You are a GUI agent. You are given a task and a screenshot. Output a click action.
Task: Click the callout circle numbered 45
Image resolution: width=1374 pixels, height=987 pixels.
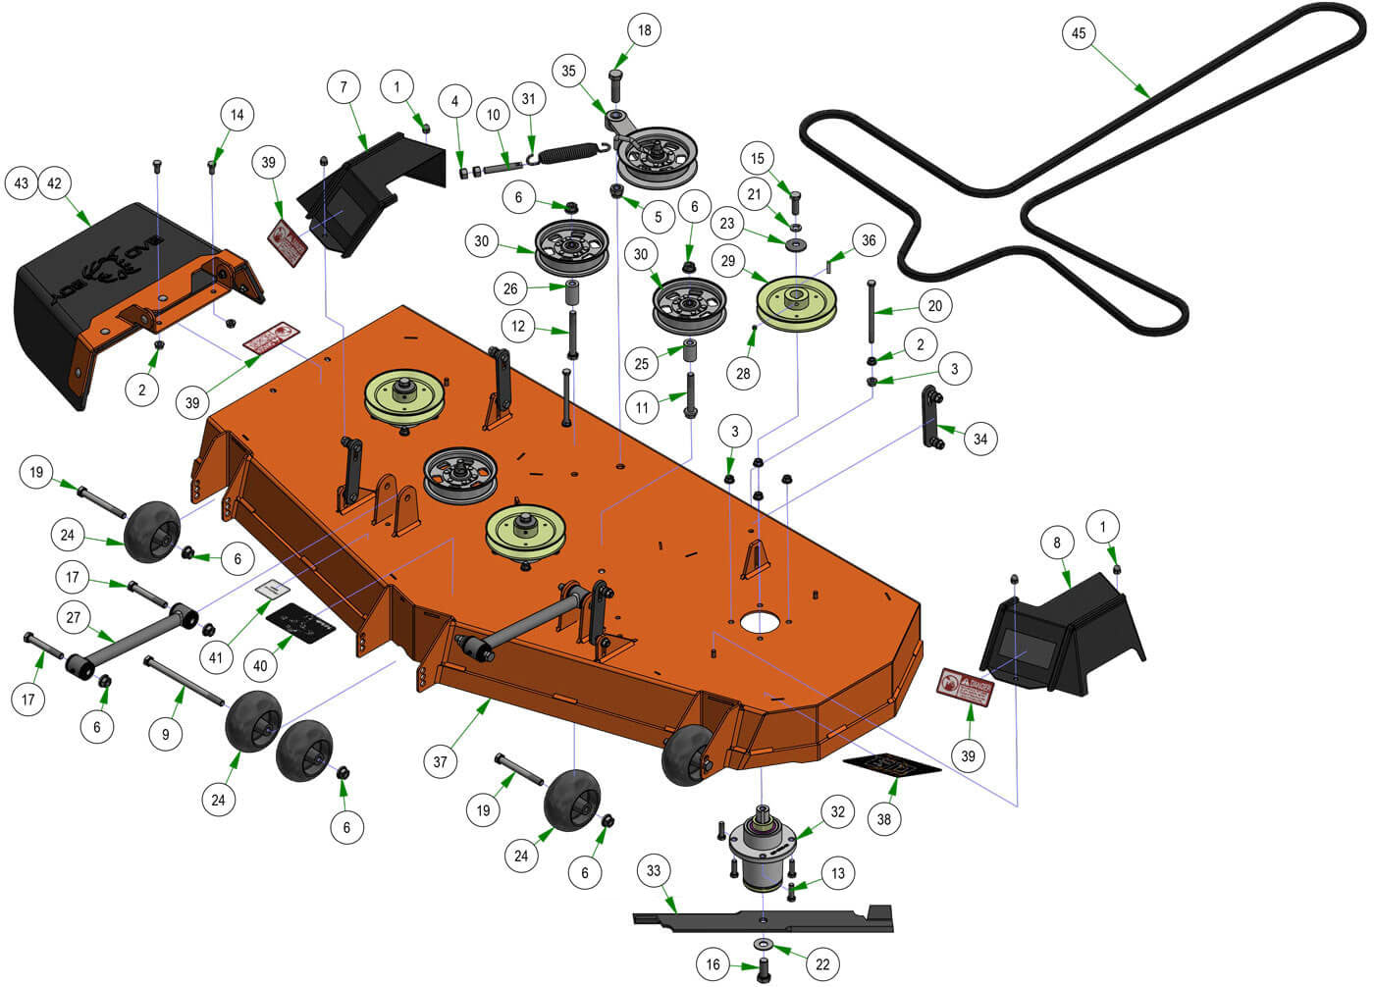pos(1079,33)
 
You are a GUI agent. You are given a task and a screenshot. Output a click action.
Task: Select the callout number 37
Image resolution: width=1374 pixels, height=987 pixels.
pos(441,761)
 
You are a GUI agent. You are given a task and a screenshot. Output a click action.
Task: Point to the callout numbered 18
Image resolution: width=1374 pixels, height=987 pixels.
pos(644,30)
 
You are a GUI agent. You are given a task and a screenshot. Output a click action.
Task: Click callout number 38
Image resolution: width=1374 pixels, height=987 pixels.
pos(884,818)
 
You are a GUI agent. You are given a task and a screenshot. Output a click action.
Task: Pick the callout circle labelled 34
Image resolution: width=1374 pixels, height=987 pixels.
pos(979,439)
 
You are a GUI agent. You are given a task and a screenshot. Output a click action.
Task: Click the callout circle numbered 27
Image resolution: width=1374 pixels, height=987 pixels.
pos(74,618)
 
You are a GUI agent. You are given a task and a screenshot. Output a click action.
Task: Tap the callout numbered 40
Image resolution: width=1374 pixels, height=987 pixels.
pos(260,666)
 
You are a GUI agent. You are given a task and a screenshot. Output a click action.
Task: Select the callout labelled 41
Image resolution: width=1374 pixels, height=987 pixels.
pos(216,658)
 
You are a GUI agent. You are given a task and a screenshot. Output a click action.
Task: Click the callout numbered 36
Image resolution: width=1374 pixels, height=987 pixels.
pos(869,240)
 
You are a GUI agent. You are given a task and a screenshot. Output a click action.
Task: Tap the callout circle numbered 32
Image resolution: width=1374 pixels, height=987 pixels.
pos(837,811)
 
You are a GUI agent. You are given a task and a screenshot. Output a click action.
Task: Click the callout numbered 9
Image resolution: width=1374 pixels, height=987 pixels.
pos(166,734)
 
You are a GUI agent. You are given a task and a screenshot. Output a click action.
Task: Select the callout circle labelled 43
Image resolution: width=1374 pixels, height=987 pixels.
pos(22,183)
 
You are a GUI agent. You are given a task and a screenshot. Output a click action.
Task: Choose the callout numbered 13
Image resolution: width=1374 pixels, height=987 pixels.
pos(837,873)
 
